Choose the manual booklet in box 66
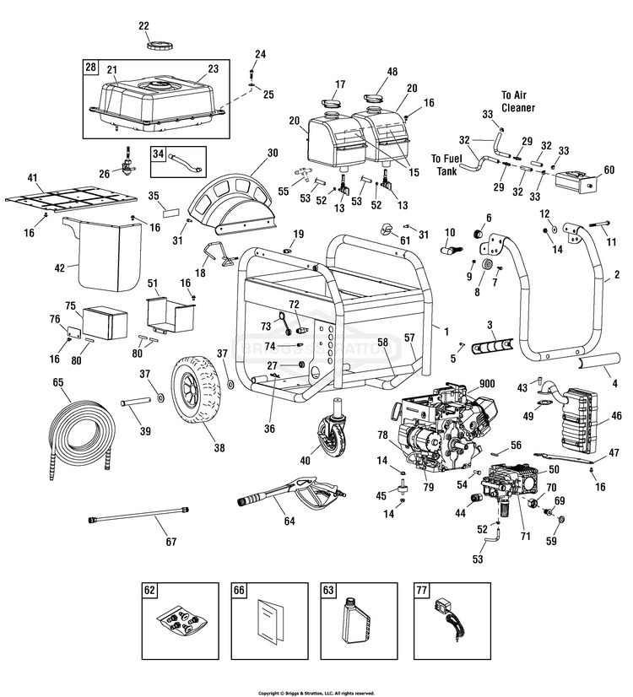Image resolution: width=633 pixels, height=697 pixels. [270, 624]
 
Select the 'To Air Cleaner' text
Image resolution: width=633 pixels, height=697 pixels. [520, 101]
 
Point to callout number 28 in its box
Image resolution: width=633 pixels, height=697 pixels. [90, 66]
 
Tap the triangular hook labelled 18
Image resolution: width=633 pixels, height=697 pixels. [215, 253]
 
